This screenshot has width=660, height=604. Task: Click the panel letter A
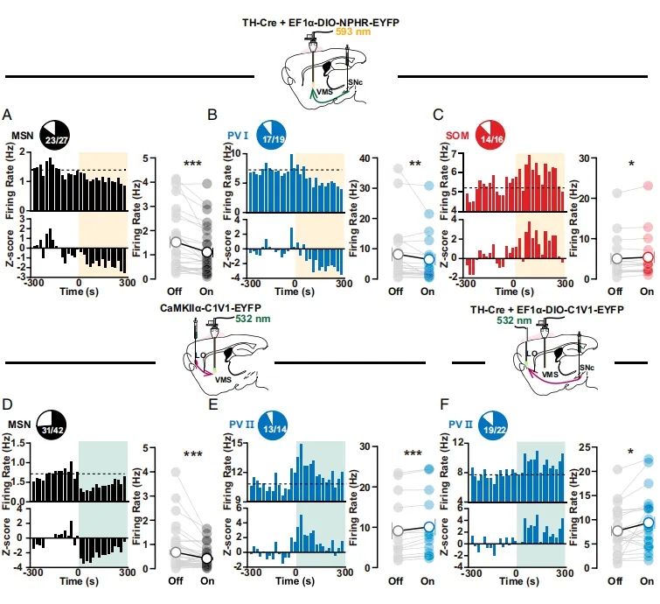(7, 115)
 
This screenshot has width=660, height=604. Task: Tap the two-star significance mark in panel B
(414, 165)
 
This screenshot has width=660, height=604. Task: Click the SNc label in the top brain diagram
(353, 82)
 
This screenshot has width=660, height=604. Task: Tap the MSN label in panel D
(20, 425)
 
